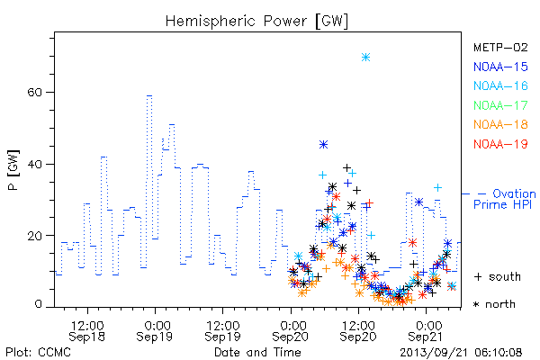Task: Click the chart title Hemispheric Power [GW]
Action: tap(256, 21)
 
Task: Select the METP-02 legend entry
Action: tap(500, 47)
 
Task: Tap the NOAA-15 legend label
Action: tap(500, 67)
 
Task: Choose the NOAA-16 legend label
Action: tap(500, 85)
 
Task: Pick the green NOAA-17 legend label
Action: tap(500, 105)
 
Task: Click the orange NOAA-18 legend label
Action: tap(500, 124)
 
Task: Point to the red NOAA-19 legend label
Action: tap(500, 144)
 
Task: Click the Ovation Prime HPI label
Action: tap(505, 199)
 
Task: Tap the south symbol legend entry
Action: tap(498, 276)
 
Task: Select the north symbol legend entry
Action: tap(494, 304)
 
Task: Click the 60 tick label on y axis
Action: tap(35, 93)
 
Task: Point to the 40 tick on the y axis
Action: tap(35, 164)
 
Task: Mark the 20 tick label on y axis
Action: tap(35, 236)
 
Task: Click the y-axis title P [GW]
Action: tap(13, 170)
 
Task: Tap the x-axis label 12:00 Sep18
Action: tap(87, 331)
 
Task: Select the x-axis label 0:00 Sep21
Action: tap(426, 331)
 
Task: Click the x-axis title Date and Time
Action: tap(257, 353)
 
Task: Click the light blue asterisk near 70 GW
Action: tap(365, 58)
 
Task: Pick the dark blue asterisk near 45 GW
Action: tap(323, 144)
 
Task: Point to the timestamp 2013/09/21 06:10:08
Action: tap(461, 353)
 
